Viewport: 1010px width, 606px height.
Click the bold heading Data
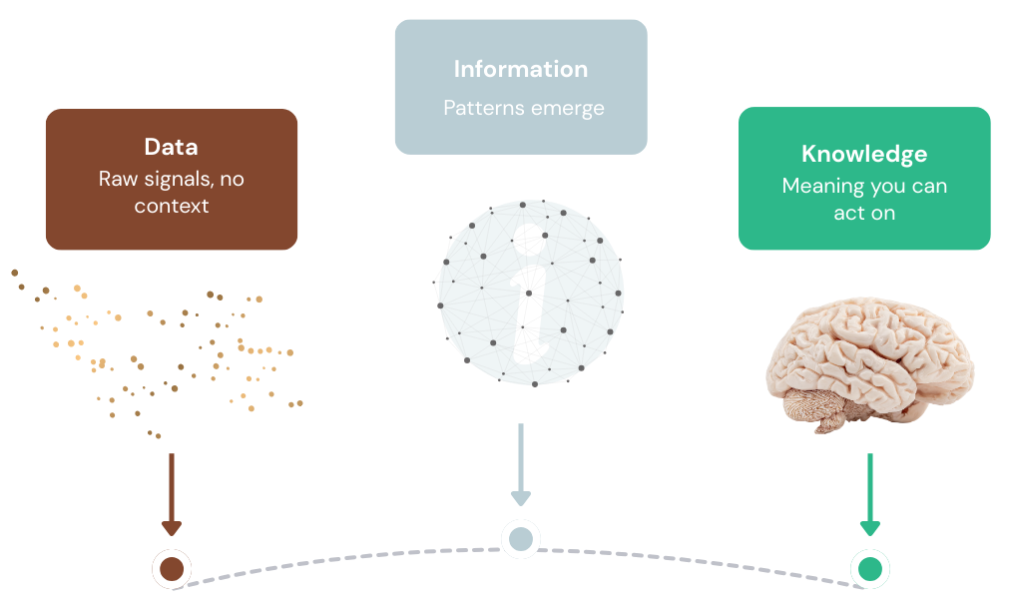click(x=171, y=148)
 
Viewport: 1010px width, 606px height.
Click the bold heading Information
click(x=520, y=69)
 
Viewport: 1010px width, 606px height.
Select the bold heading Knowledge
click(x=864, y=154)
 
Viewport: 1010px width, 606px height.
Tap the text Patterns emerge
click(x=524, y=108)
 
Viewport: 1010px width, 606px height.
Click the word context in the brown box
click(x=172, y=207)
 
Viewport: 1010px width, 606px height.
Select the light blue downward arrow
click(x=520, y=465)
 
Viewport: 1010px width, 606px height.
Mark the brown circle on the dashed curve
click(x=172, y=569)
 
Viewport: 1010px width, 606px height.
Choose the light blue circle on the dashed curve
click(x=520, y=539)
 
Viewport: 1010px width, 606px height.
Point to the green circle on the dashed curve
click(x=869, y=569)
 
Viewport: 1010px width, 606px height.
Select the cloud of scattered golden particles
click(x=160, y=349)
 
